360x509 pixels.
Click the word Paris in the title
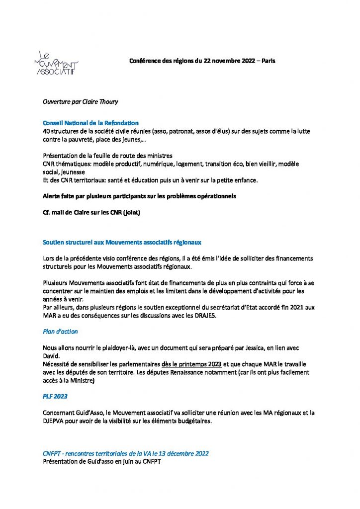point(267,61)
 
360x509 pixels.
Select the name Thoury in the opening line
point(106,102)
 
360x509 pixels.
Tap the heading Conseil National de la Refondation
point(90,123)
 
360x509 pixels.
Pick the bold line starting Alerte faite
point(139,196)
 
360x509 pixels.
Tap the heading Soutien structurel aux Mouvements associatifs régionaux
point(122,243)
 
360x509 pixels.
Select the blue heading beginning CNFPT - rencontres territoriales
point(126,453)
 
